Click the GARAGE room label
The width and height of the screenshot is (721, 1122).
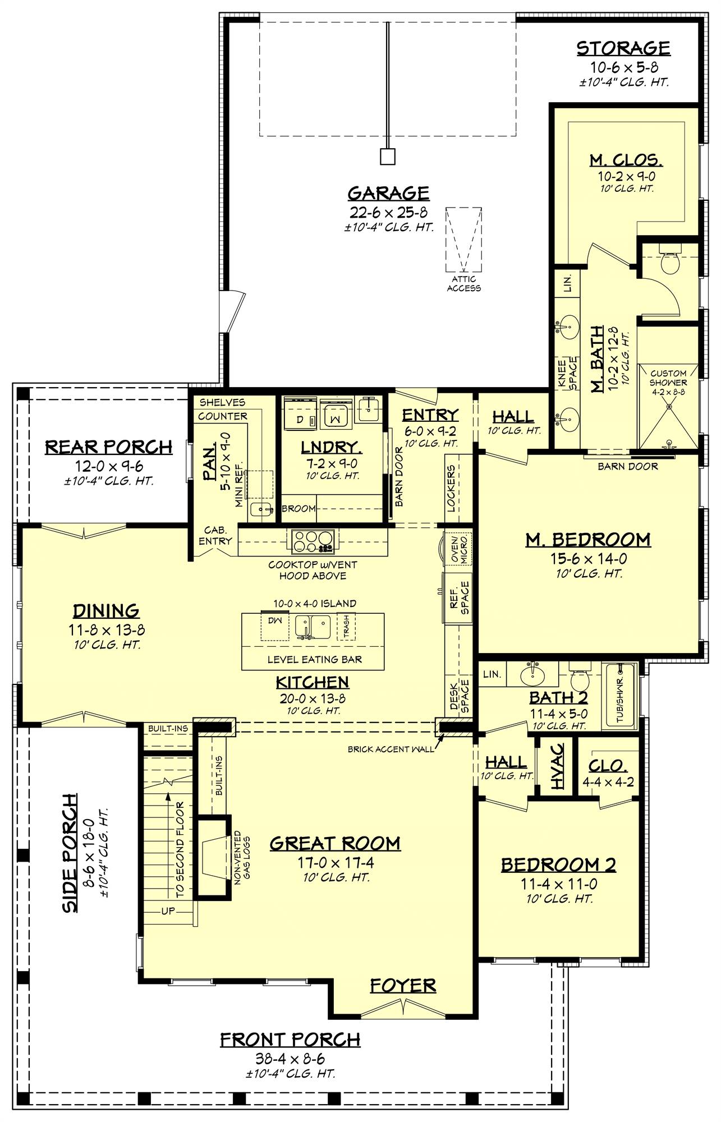point(388,194)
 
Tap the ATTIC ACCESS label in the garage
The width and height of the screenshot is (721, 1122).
point(463,283)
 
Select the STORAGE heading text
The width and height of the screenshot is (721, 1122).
point(623,49)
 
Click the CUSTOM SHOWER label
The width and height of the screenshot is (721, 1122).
point(668,378)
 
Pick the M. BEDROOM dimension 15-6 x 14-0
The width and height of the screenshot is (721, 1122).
point(587,559)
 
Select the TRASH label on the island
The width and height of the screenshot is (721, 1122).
point(346,627)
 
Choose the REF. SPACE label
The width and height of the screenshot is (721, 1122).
point(459,597)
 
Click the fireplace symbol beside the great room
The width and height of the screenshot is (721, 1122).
point(212,859)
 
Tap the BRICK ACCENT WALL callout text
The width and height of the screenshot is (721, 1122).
point(391,749)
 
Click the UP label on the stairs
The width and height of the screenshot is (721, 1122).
point(168,911)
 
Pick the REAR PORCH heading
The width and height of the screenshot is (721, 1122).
point(108,447)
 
